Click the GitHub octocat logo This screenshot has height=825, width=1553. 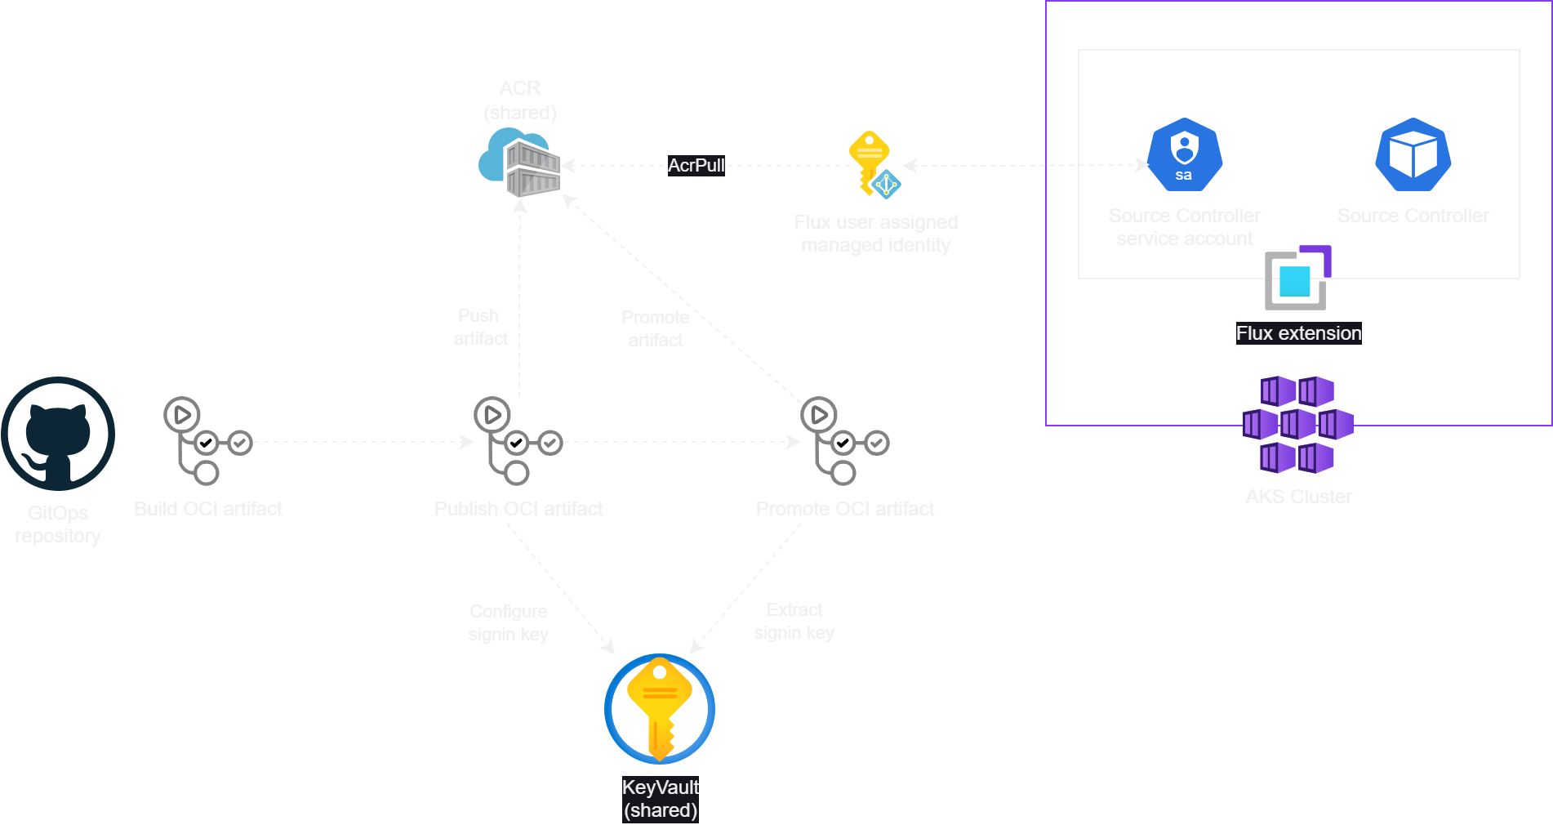click(58, 435)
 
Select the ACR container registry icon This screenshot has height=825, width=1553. click(520, 163)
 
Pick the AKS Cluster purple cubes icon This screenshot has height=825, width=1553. click(1298, 425)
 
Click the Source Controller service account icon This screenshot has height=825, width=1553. click(1185, 154)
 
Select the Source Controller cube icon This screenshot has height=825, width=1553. click(1413, 154)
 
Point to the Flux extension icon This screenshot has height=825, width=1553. click(1297, 279)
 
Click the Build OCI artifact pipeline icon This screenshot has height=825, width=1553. click(207, 441)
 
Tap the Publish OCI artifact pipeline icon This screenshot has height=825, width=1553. click(518, 441)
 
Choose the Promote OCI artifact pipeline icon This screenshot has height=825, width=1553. click(844, 441)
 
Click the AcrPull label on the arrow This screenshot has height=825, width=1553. click(696, 165)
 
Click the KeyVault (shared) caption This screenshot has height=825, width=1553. click(661, 799)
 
